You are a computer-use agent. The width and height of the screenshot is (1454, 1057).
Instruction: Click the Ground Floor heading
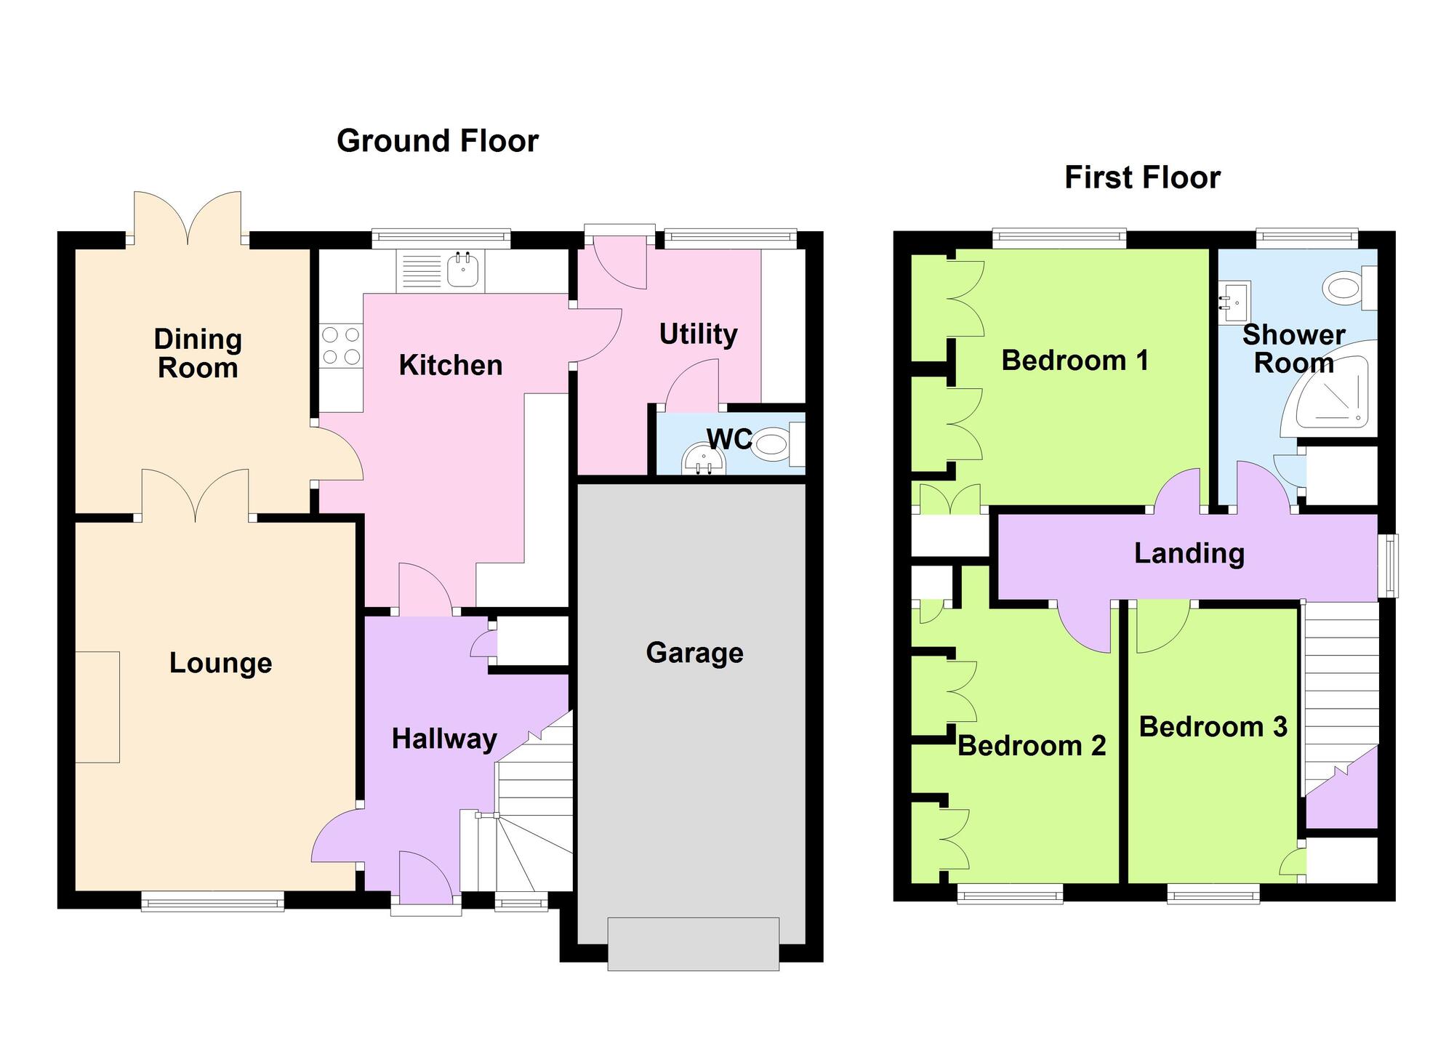pyautogui.click(x=437, y=141)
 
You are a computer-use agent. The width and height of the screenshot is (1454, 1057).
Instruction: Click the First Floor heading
pyautogui.click(x=1142, y=178)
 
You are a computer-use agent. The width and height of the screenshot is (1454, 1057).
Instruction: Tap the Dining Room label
pyautogui.click(x=198, y=353)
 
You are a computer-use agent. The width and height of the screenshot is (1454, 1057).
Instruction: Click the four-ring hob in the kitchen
pyautogui.click(x=341, y=346)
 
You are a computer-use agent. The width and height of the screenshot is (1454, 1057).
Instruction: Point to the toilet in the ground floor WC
pyautogui.click(x=771, y=444)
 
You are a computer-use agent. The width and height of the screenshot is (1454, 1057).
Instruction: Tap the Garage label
pyautogui.click(x=694, y=653)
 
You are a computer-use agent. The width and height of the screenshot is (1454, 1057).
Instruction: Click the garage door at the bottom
pyautogui.click(x=693, y=944)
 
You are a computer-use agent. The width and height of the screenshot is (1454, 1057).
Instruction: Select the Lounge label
pyautogui.click(x=220, y=663)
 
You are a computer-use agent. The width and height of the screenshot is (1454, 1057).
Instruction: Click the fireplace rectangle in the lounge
pyautogui.click(x=97, y=707)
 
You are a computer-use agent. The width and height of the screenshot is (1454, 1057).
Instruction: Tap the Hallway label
pyautogui.click(x=444, y=739)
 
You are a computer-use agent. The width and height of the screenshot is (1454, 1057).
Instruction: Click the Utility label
pyautogui.click(x=698, y=334)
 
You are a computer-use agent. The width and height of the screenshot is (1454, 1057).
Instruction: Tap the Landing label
pyautogui.click(x=1189, y=554)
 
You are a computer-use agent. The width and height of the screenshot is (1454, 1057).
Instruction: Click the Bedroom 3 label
pyautogui.click(x=1213, y=727)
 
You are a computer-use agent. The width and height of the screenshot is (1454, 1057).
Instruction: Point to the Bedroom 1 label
pyautogui.click(x=1075, y=361)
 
